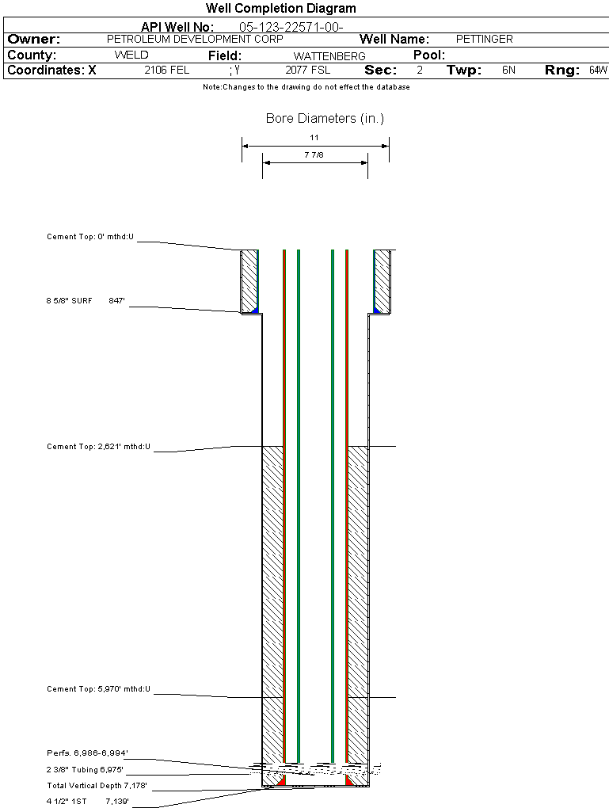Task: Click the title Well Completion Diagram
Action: (x=280, y=9)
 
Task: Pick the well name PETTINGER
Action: (x=485, y=39)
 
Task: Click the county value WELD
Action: (x=131, y=55)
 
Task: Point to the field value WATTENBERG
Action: (x=329, y=56)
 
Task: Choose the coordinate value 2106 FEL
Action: (x=166, y=71)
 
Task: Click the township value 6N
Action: (x=508, y=71)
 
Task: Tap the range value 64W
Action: (x=598, y=71)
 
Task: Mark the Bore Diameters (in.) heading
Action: (x=325, y=119)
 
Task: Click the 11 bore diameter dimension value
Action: (x=314, y=137)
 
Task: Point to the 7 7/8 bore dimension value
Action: (x=314, y=155)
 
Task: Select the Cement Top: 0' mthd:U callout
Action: (x=90, y=237)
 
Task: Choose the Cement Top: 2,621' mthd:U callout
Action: (x=98, y=448)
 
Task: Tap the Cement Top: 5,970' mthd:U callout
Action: (x=98, y=690)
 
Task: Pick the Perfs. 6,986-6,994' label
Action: (x=87, y=753)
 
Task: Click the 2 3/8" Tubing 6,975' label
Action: (x=85, y=770)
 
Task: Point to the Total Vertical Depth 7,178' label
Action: (x=97, y=786)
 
